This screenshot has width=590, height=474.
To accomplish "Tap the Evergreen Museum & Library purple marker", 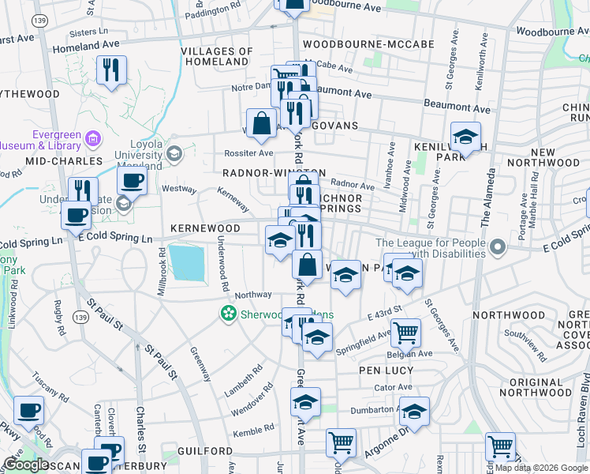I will [x=95, y=139].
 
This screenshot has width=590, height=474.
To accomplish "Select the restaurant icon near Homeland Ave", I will [x=111, y=71].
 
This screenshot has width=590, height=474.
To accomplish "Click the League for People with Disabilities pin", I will [x=497, y=249].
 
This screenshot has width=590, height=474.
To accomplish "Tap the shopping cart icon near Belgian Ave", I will [x=405, y=334].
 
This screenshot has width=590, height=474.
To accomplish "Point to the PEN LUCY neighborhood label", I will [x=386, y=370].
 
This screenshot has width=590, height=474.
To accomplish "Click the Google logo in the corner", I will [x=26, y=465].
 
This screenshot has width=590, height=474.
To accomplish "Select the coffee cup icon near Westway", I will [x=132, y=182].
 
